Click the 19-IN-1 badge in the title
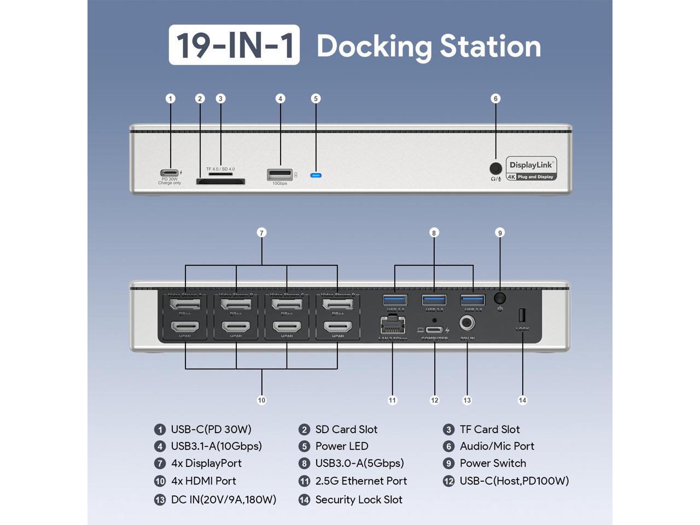(x=234, y=45)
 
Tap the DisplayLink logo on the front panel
(x=531, y=169)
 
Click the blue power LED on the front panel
(x=316, y=176)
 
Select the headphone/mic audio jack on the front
(x=495, y=168)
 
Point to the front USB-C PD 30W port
(x=170, y=173)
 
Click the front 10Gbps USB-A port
(x=279, y=174)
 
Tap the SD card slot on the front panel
(x=220, y=182)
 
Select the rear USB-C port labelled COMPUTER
(x=435, y=330)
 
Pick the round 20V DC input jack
(x=467, y=323)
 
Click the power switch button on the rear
(x=500, y=298)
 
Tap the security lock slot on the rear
(x=522, y=316)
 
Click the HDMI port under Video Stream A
(x=185, y=328)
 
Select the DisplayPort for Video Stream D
(x=337, y=304)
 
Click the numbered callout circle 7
(x=261, y=233)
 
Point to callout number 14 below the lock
(x=522, y=400)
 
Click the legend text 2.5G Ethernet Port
(x=361, y=481)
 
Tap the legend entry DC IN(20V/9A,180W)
(x=223, y=499)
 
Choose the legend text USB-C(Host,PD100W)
(x=514, y=481)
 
